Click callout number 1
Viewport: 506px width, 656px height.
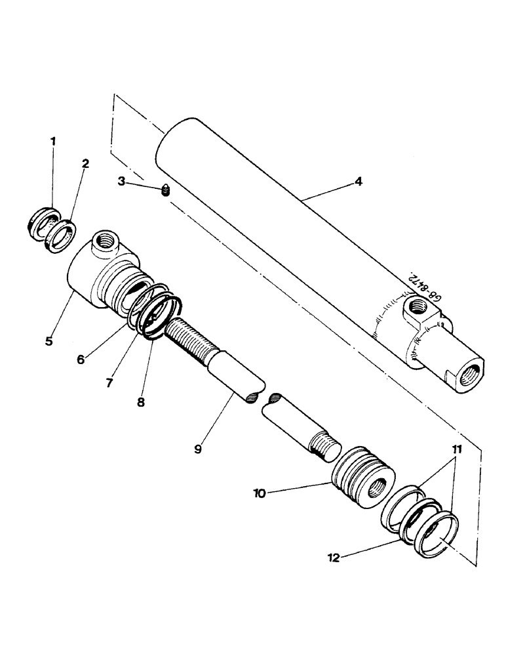pyautogui.click(x=53, y=141)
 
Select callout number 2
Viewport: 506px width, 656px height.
pyautogui.click(x=85, y=163)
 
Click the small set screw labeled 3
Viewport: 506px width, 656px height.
pyautogui.click(x=165, y=191)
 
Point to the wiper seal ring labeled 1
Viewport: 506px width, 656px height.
pyautogui.click(x=43, y=218)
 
